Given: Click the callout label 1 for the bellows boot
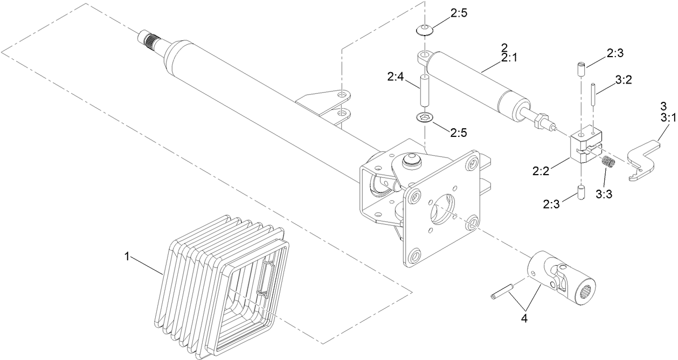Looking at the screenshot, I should pos(127,257).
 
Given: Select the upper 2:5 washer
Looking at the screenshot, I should pos(425,29).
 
